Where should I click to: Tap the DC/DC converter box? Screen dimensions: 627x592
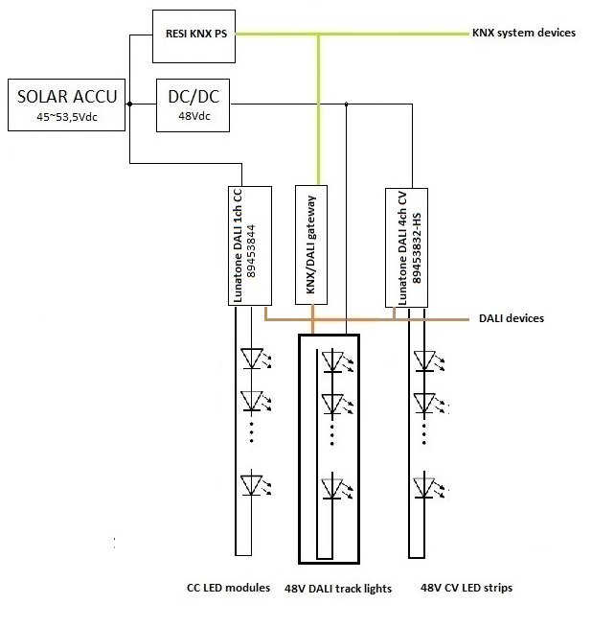pyautogui.click(x=193, y=105)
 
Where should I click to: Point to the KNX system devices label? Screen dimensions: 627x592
pyautogui.click(x=524, y=33)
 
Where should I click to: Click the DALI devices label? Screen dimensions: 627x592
pyautogui.click(x=511, y=318)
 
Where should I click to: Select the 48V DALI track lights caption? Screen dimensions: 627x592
pyautogui.click(x=338, y=589)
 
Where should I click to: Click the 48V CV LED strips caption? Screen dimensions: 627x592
pyautogui.click(x=461, y=587)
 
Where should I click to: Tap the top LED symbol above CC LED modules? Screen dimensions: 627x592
pyautogui.click(x=253, y=359)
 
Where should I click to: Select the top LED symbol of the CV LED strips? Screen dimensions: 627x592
pyautogui.click(x=425, y=360)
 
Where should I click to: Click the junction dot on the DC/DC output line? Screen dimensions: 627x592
pyautogui.click(x=346, y=104)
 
